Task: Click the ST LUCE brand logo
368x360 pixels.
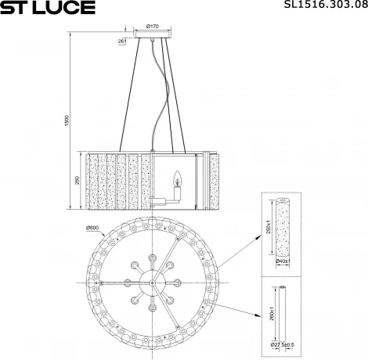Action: coord(47,8)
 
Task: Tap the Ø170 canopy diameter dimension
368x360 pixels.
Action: coord(153,27)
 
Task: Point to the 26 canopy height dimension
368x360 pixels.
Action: coord(121,40)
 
